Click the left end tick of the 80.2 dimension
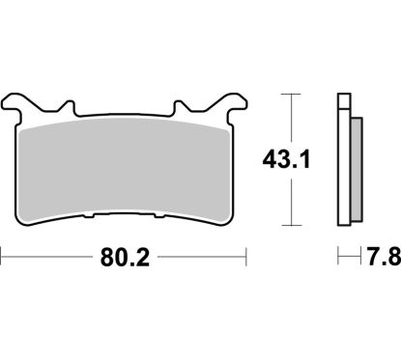(x=4, y=259)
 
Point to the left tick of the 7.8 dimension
(x=338, y=259)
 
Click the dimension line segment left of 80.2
(x=48, y=259)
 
